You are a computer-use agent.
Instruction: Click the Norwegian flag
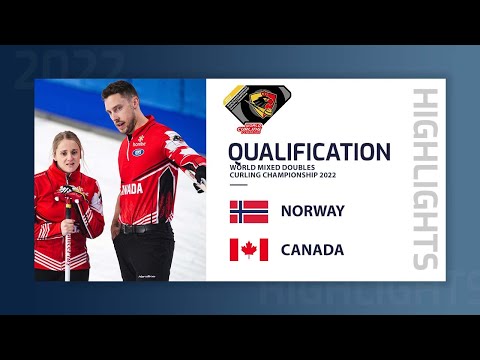pyautogui.click(x=249, y=211)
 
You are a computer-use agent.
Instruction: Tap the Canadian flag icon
pyautogui.click(x=249, y=250)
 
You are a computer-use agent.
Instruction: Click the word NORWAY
pyautogui.click(x=314, y=211)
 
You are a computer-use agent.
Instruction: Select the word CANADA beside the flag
pyautogui.click(x=313, y=250)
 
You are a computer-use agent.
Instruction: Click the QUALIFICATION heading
pyautogui.click(x=309, y=152)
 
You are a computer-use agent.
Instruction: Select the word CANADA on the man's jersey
pyautogui.click(x=132, y=188)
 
